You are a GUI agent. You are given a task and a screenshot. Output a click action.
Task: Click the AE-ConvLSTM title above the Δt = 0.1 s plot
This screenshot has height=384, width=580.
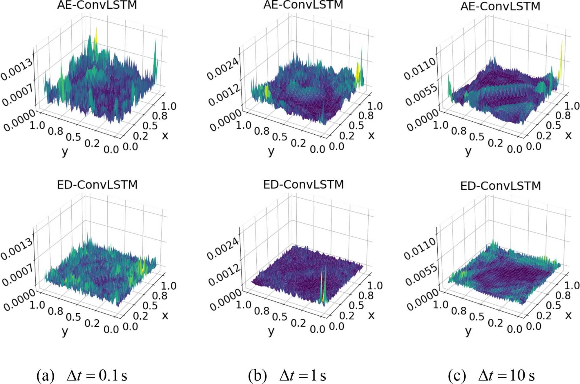pyautogui.click(x=97, y=5)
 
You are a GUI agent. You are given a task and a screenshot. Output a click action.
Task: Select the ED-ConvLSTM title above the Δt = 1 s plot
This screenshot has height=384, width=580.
pyautogui.click(x=303, y=184)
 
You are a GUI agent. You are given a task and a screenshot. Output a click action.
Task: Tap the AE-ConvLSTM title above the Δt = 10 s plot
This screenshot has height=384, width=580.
pyautogui.click(x=500, y=6)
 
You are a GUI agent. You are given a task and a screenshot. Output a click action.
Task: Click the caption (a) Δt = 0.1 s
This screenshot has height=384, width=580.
pyautogui.click(x=82, y=375)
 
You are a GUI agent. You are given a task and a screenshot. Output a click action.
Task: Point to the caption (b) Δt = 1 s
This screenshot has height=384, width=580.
pyautogui.click(x=287, y=375)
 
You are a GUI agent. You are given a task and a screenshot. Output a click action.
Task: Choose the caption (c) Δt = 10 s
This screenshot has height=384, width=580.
pyautogui.click(x=491, y=375)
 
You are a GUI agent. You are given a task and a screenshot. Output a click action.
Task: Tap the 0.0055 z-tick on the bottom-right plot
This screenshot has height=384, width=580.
pyautogui.click(x=421, y=274)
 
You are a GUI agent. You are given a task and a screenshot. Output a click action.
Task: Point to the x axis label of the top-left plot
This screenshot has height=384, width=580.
pyautogui.click(x=165, y=135)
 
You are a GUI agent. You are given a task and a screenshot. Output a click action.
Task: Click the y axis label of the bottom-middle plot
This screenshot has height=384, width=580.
pyautogui.click(x=271, y=331)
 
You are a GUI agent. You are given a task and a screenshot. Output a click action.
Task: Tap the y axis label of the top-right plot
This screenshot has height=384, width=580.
pyautogui.click(x=468, y=151)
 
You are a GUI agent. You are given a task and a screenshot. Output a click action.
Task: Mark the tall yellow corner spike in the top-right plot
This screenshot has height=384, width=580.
pyautogui.click(x=561, y=58)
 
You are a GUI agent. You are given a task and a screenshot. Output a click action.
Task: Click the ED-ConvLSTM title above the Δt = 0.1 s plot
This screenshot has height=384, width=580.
pyautogui.click(x=97, y=185)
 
